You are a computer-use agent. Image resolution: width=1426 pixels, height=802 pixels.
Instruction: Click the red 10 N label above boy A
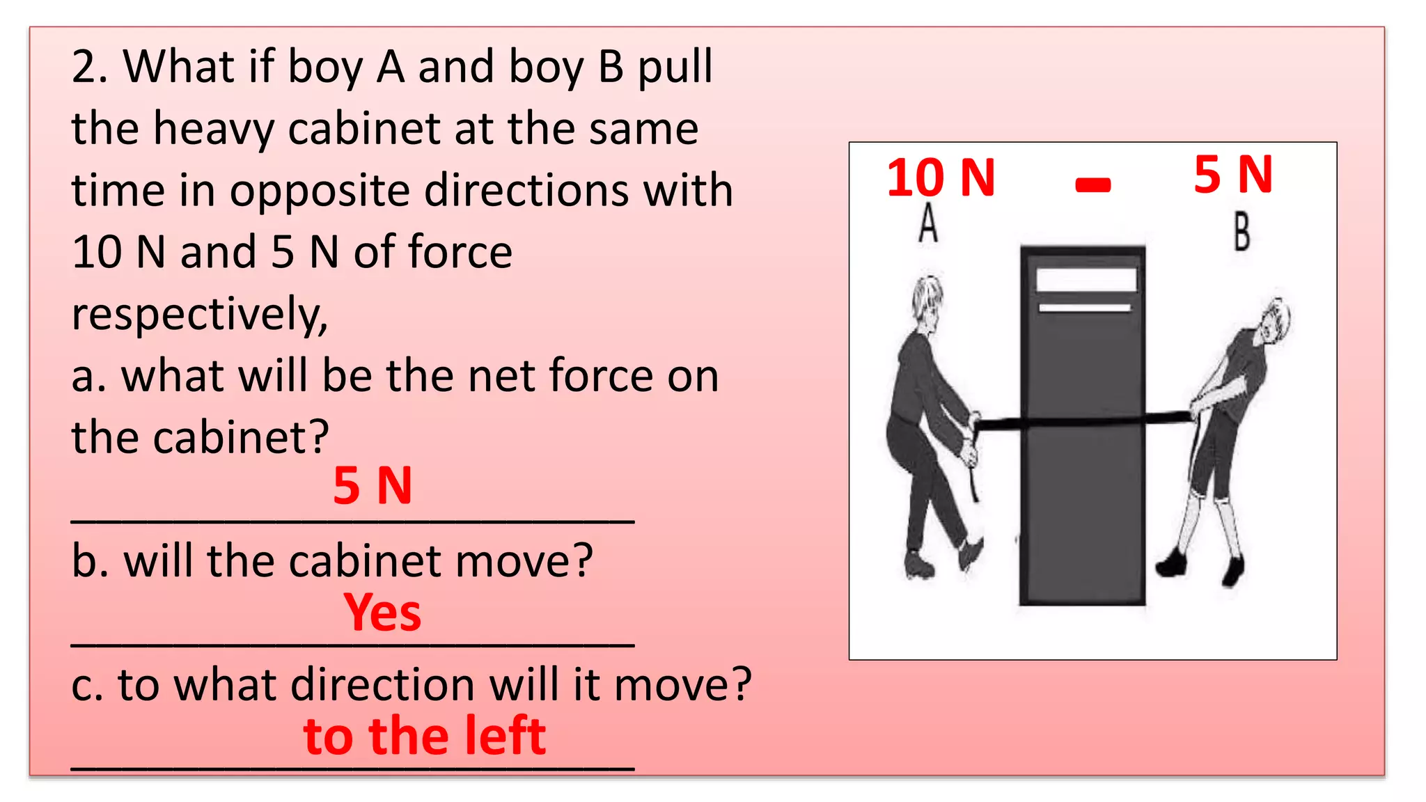941,178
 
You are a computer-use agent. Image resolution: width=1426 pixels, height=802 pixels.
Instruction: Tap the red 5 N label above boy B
1233,174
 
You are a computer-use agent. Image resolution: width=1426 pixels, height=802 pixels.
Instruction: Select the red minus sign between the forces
1092,184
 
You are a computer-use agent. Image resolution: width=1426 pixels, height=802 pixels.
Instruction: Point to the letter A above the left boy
928,223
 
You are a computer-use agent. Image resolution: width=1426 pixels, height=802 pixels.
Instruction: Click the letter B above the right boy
1241,232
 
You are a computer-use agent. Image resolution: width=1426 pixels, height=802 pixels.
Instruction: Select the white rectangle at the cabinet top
1086,280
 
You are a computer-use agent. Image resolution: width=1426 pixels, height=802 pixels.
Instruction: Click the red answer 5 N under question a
373,485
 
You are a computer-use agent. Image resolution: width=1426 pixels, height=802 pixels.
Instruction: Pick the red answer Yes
382,613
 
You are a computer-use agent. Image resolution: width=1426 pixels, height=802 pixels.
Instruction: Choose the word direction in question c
382,685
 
